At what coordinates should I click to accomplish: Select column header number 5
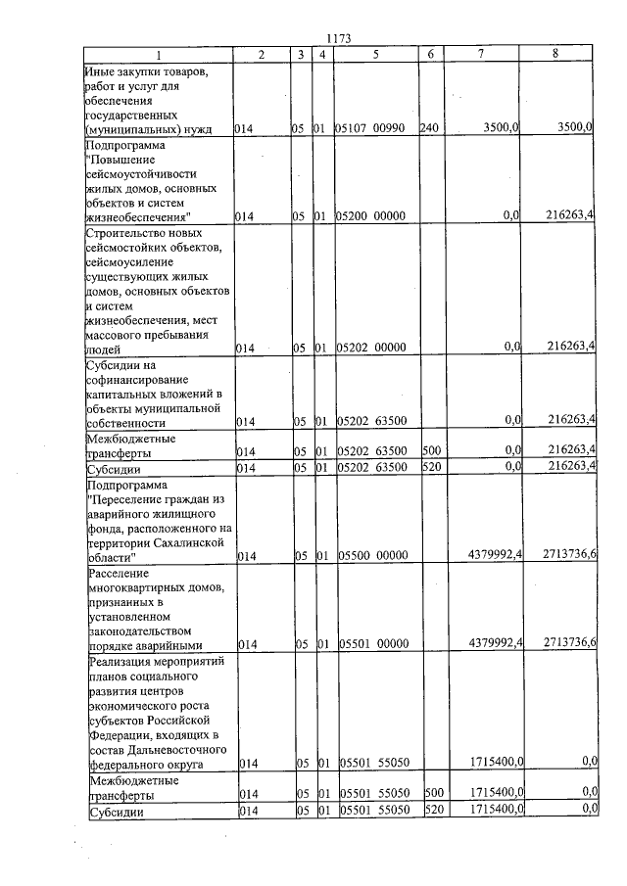pos(375,55)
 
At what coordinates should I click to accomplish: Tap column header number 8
pos(555,55)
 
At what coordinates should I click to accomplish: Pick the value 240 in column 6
pos(428,128)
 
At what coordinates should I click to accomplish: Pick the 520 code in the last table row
pos(429,811)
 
